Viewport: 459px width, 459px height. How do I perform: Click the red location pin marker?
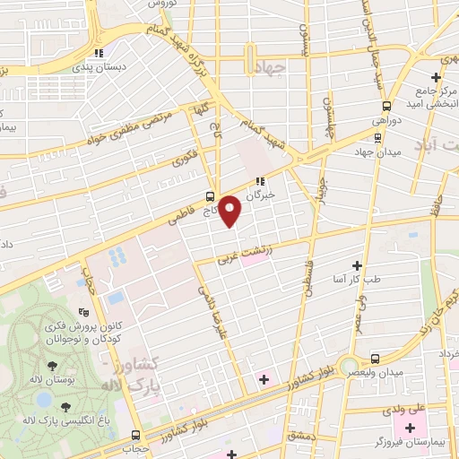coord(230,211)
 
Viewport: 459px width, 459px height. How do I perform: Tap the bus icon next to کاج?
coord(210,195)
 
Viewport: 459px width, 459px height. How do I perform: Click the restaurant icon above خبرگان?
coord(261,179)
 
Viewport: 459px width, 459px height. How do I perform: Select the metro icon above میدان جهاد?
coord(379,138)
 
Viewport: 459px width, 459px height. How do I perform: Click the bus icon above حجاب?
coord(137,434)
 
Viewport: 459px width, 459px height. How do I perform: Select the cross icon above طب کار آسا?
coord(358,265)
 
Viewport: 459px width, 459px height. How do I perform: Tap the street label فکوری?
coord(184,159)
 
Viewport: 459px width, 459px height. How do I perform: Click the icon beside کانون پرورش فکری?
coord(83,313)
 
